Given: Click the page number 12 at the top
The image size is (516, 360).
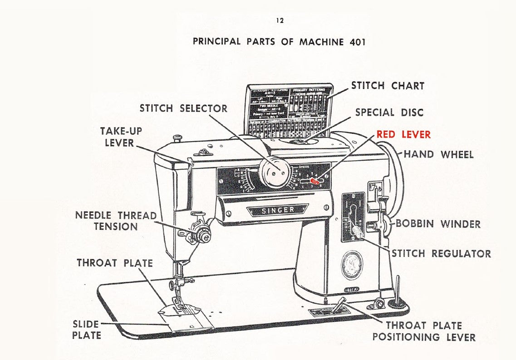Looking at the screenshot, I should pos(280,21).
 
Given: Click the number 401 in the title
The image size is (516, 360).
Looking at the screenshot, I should pos(358,42).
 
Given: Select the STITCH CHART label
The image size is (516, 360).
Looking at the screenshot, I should pos(388,86).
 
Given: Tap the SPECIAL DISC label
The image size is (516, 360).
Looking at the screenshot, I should pos(389,112).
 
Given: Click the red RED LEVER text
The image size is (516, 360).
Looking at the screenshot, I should pos(403,135).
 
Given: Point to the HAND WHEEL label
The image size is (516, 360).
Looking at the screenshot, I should pos(438,154).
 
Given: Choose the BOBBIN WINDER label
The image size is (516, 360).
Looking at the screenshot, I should pos(438,224).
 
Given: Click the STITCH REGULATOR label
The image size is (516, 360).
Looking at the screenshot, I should pos(441,253).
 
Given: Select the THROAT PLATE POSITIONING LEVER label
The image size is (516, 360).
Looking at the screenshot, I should pos(424,331).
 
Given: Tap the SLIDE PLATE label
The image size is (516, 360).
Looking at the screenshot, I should pos(86,330).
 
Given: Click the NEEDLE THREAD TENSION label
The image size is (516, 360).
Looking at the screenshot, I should pos(116,221).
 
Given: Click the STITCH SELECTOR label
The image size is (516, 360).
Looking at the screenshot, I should pos(183,108).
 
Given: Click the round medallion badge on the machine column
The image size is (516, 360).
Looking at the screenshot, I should pos(352,265).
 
